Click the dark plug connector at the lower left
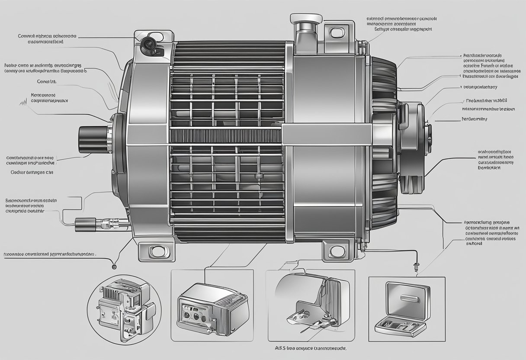tap(82, 224)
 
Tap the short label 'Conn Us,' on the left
tap(47, 81)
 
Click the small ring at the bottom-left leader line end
tap(113, 264)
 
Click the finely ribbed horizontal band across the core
tap(225, 136)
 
